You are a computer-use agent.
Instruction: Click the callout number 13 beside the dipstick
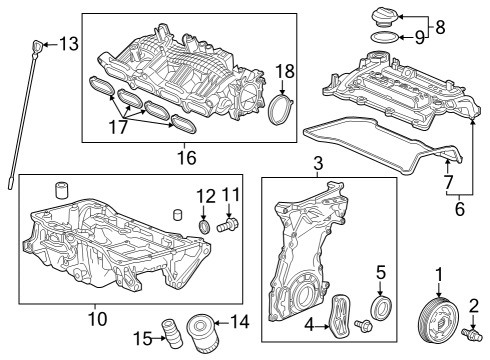[69, 44]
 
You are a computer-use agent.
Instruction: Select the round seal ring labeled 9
[384, 37]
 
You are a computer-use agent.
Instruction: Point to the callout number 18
[285, 71]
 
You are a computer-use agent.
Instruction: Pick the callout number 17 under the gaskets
[118, 127]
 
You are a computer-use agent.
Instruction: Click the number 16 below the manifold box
[187, 157]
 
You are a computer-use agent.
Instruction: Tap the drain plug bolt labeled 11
[228, 224]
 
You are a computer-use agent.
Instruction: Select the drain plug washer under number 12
[205, 226]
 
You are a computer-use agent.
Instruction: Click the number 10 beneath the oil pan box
[98, 318]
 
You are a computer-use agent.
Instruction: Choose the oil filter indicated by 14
[202, 334]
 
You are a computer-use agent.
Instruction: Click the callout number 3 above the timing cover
[318, 163]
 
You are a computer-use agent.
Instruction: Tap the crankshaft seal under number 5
[381, 308]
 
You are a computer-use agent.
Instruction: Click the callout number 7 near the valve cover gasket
[448, 182]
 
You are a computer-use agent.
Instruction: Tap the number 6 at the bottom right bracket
[459, 209]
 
